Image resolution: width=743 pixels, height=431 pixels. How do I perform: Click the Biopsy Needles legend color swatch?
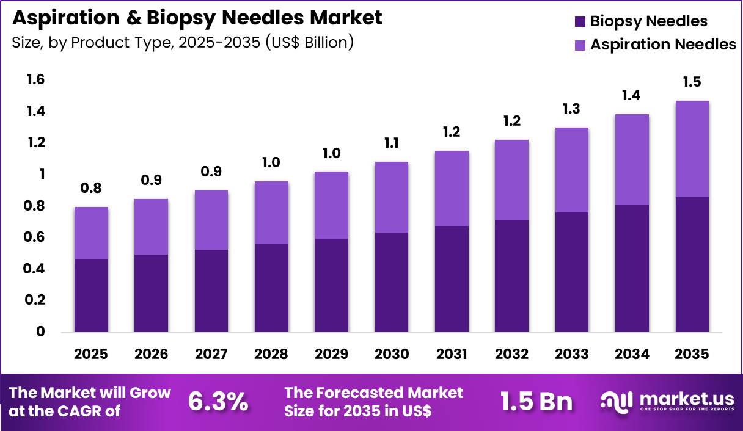coord(580,22)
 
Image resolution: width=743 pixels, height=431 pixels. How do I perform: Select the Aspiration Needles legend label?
coord(663,45)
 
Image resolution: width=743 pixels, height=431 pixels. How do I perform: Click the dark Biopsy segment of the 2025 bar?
coord(91,295)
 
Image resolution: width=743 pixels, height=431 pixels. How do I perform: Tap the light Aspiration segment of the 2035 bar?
coord(692,149)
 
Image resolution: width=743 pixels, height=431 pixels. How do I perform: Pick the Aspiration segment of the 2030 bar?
coord(391,197)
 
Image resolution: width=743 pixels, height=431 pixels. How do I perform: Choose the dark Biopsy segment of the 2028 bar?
coord(271,288)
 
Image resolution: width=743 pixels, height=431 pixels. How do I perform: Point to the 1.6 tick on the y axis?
coord(35,80)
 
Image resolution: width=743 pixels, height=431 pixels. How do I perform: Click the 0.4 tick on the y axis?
coord(35,269)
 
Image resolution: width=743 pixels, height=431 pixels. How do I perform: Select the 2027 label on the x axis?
coord(211,355)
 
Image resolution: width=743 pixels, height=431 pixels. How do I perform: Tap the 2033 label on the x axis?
coord(571,355)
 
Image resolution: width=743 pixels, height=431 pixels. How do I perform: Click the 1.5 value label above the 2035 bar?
coord(692,82)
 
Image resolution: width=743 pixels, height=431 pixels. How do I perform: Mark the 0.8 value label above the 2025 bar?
coord(91,189)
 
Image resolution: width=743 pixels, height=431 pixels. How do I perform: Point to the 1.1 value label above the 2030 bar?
coord(391,143)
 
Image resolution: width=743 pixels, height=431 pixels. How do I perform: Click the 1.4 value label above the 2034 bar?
coord(632,96)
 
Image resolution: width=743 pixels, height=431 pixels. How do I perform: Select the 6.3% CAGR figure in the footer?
coord(218,401)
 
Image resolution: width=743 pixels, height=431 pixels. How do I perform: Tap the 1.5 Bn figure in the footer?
coord(536,401)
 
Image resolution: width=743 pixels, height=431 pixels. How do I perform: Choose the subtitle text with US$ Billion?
coord(183,43)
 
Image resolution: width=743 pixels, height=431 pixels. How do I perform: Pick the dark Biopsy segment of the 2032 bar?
coord(511,276)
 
